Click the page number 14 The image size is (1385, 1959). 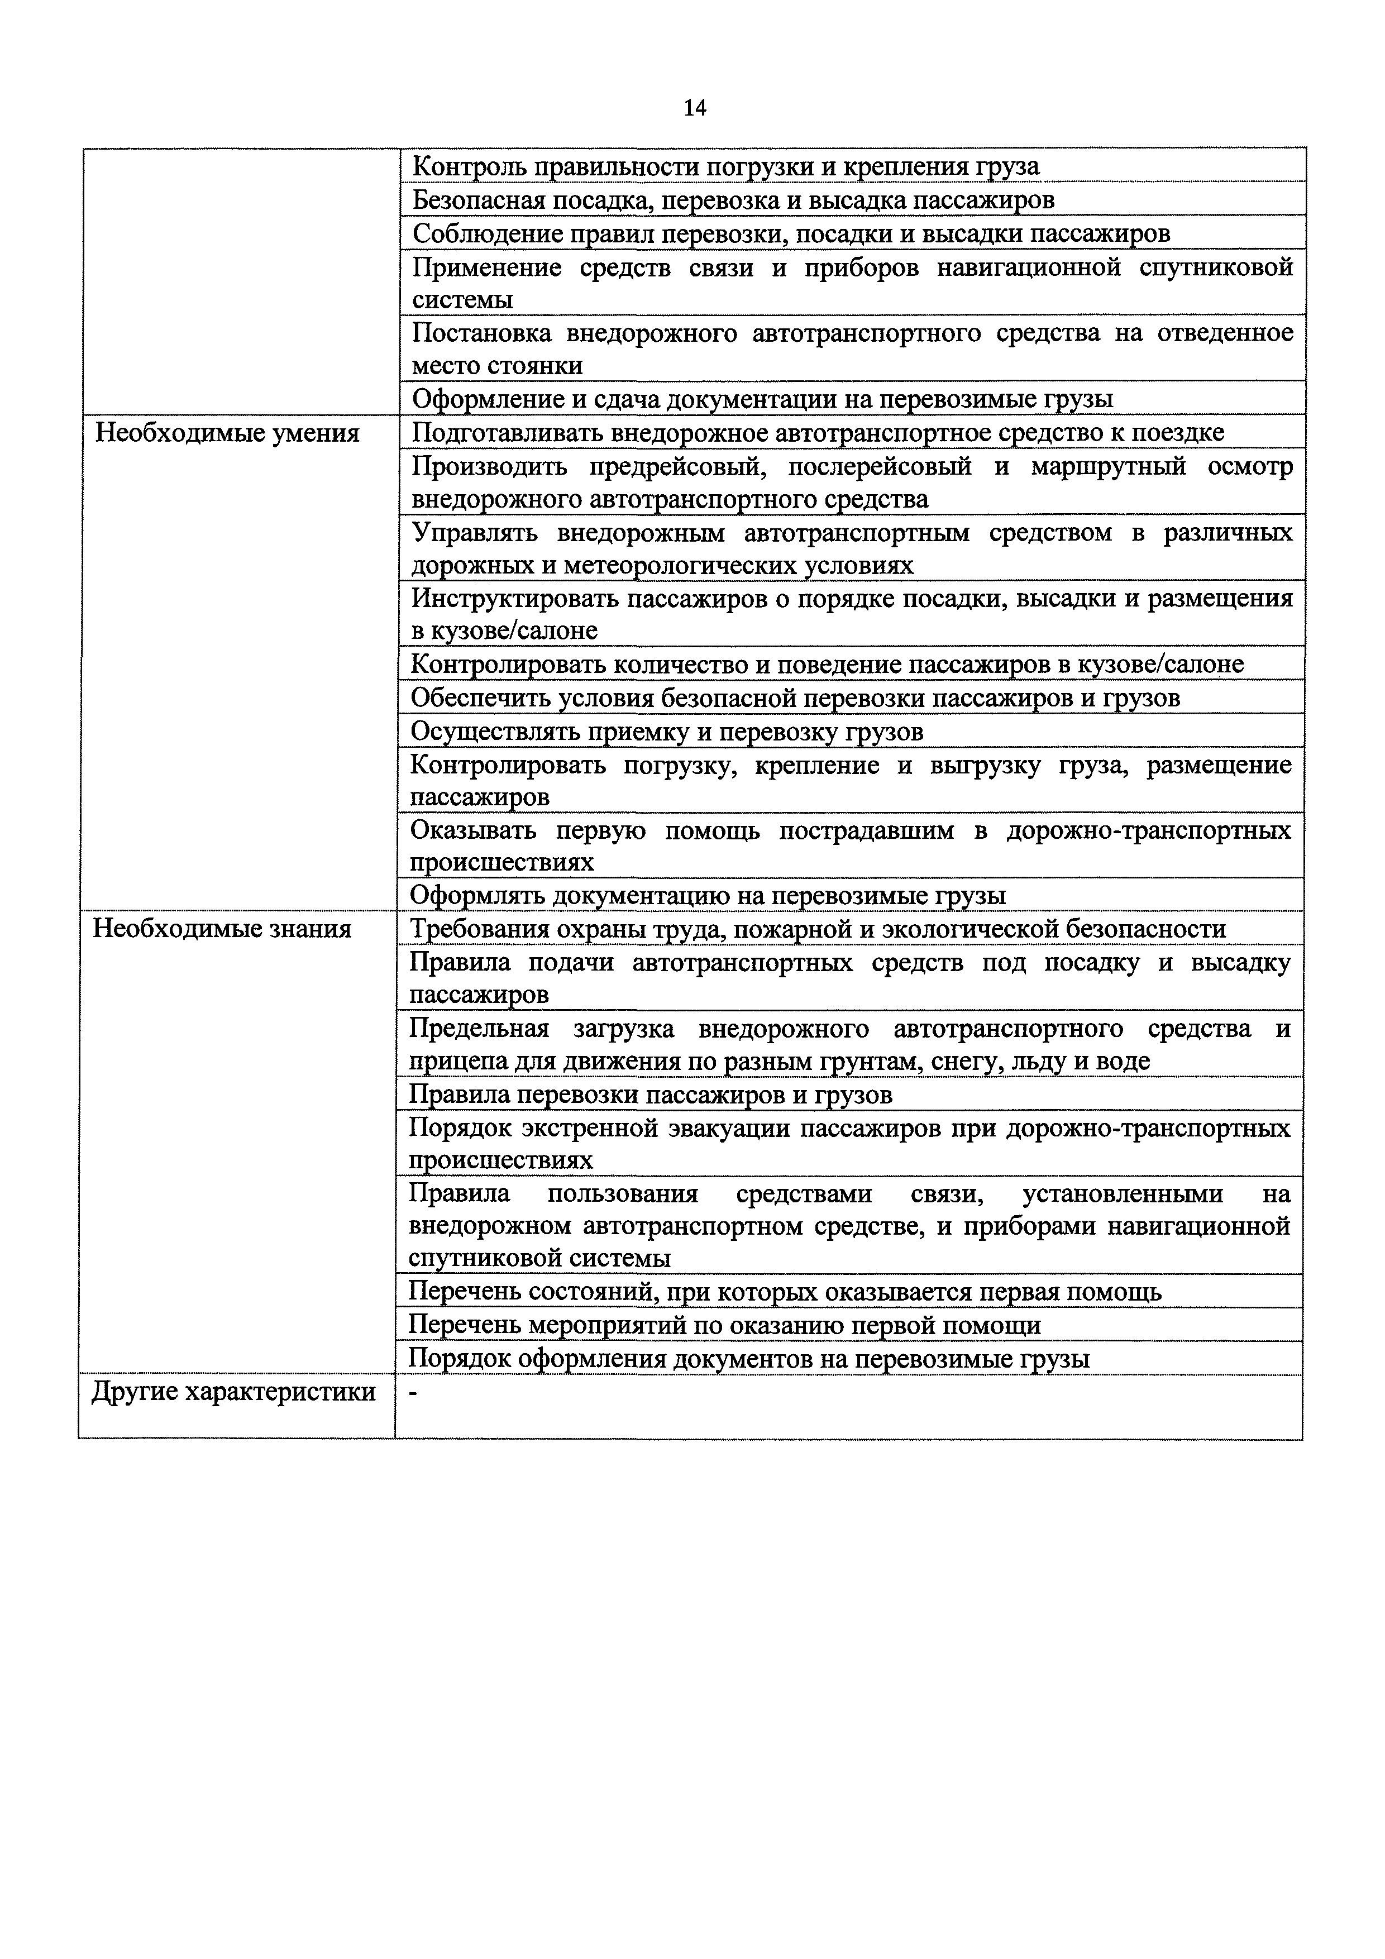click(x=695, y=108)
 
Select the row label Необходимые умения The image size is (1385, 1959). click(x=227, y=433)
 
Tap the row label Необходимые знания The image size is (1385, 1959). click(x=222, y=928)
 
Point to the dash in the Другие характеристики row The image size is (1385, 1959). click(x=414, y=1392)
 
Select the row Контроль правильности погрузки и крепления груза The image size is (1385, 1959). click(x=725, y=166)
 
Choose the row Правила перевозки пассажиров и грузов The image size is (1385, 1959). click(x=650, y=1094)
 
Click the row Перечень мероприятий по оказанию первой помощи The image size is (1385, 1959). click(x=724, y=1325)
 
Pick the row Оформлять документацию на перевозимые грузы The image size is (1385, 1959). click(x=708, y=895)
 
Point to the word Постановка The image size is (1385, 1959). click(x=481, y=333)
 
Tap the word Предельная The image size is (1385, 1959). click(x=479, y=1029)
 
